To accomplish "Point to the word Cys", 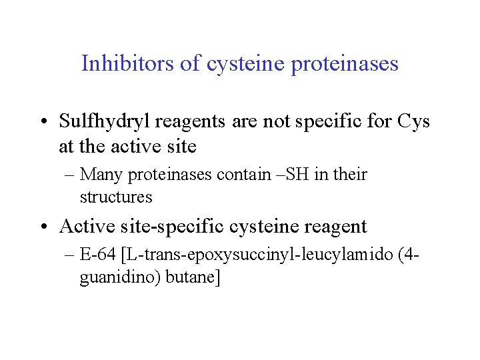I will [413, 122].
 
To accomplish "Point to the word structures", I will [116, 197].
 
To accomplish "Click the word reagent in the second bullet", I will [334, 227].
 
